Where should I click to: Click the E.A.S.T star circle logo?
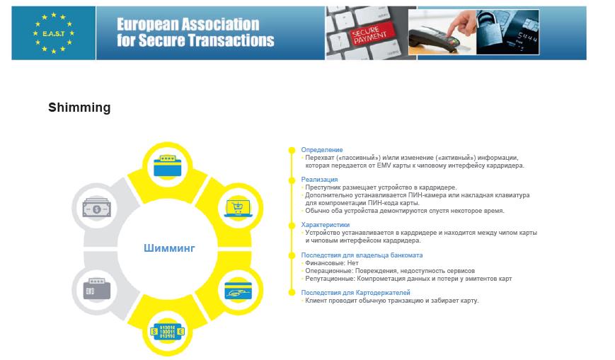point(54,33)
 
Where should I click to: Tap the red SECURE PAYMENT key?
point(370,34)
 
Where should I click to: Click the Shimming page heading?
point(79,108)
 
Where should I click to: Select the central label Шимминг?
point(169,248)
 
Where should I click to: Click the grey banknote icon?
point(97,207)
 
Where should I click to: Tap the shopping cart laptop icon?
point(238,208)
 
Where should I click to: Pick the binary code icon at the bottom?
point(168,332)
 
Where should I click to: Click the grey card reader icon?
point(97,289)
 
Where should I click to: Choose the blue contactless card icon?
point(238,290)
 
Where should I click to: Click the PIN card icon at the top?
point(168,166)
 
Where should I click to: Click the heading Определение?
point(321,150)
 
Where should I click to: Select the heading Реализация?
point(319,180)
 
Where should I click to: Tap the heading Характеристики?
point(325,225)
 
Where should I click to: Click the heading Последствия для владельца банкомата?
point(362,255)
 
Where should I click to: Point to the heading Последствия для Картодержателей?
point(355,293)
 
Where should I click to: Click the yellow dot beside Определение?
point(292,150)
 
